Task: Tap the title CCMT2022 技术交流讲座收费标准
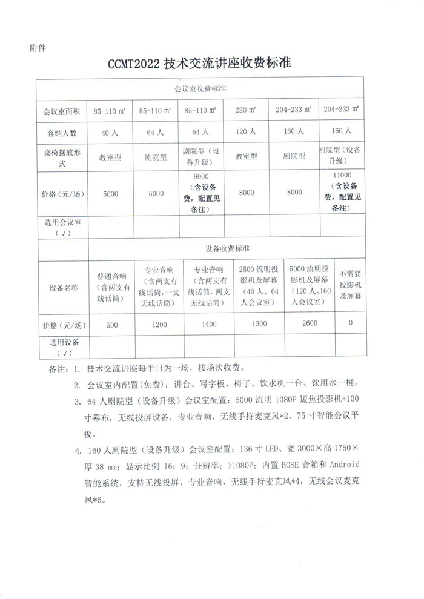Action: (200, 64)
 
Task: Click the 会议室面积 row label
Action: (62, 111)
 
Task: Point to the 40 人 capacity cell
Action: (110, 131)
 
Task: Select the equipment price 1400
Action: (208, 324)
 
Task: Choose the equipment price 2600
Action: (309, 323)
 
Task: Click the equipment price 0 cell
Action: (351, 323)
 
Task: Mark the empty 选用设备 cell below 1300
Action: (259, 346)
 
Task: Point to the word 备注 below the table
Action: (56, 368)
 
